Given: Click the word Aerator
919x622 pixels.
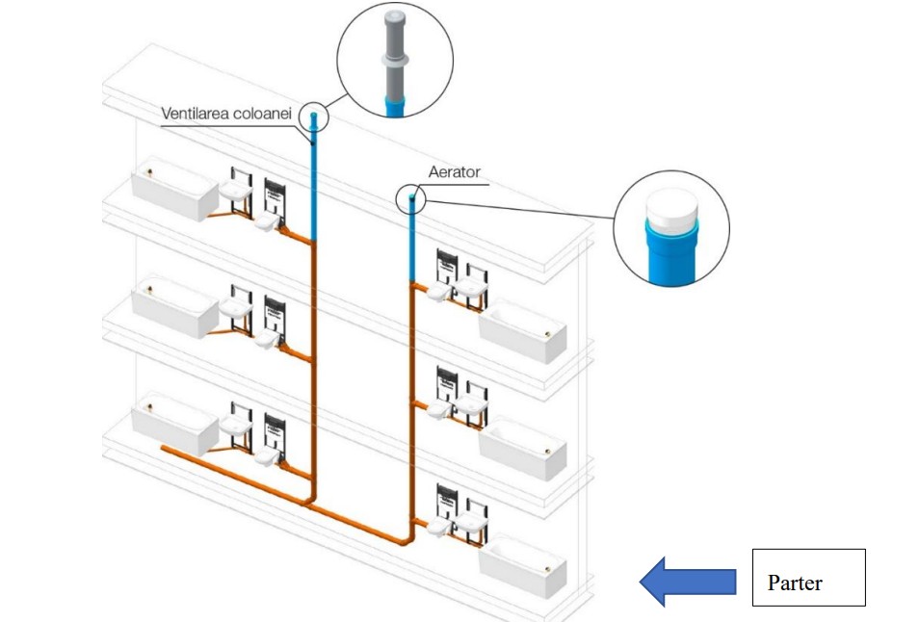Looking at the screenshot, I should pyautogui.click(x=455, y=173).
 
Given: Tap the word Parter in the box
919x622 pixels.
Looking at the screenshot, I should pyautogui.click(x=795, y=583).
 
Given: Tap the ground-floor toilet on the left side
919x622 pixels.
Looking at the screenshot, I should pyautogui.click(x=267, y=456).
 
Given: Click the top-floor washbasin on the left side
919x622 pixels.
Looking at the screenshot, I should pyautogui.click(x=235, y=194).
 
